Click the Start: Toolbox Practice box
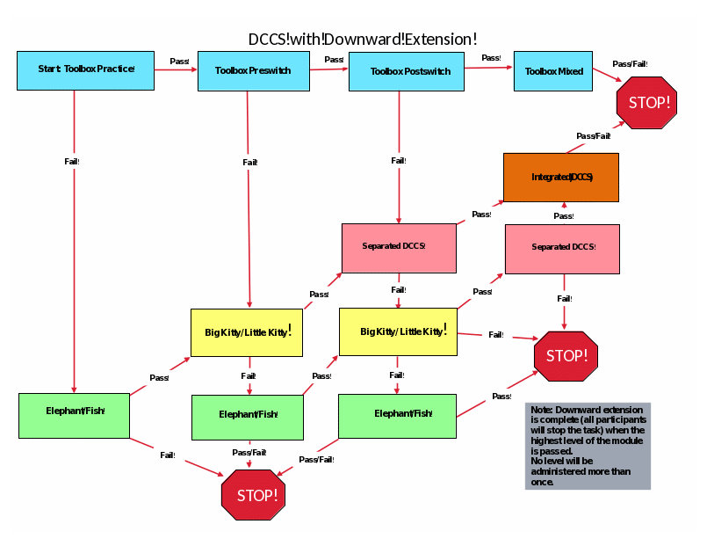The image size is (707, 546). point(85,70)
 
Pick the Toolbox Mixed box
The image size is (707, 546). point(553,71)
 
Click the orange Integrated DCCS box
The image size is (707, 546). point(561,178)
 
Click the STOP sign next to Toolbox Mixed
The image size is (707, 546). point(648,103)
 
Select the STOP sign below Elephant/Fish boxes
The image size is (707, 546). point(254,496)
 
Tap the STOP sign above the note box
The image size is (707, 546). point(566,356)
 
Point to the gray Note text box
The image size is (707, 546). point(588,446)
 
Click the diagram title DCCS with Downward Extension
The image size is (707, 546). point(363,39)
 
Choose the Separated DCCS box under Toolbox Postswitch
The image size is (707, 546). point(399,246)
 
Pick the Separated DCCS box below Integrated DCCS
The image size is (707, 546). point(562,248)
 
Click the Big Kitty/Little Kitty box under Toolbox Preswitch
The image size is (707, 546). point(247,332)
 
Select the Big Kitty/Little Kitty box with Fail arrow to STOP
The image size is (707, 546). point(398,331)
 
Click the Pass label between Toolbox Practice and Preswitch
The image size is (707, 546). point(179,62)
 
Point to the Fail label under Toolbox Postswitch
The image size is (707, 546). point(398,161)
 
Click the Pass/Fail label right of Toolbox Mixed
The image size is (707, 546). point(630,64)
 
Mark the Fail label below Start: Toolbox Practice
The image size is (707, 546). point(72,162)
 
